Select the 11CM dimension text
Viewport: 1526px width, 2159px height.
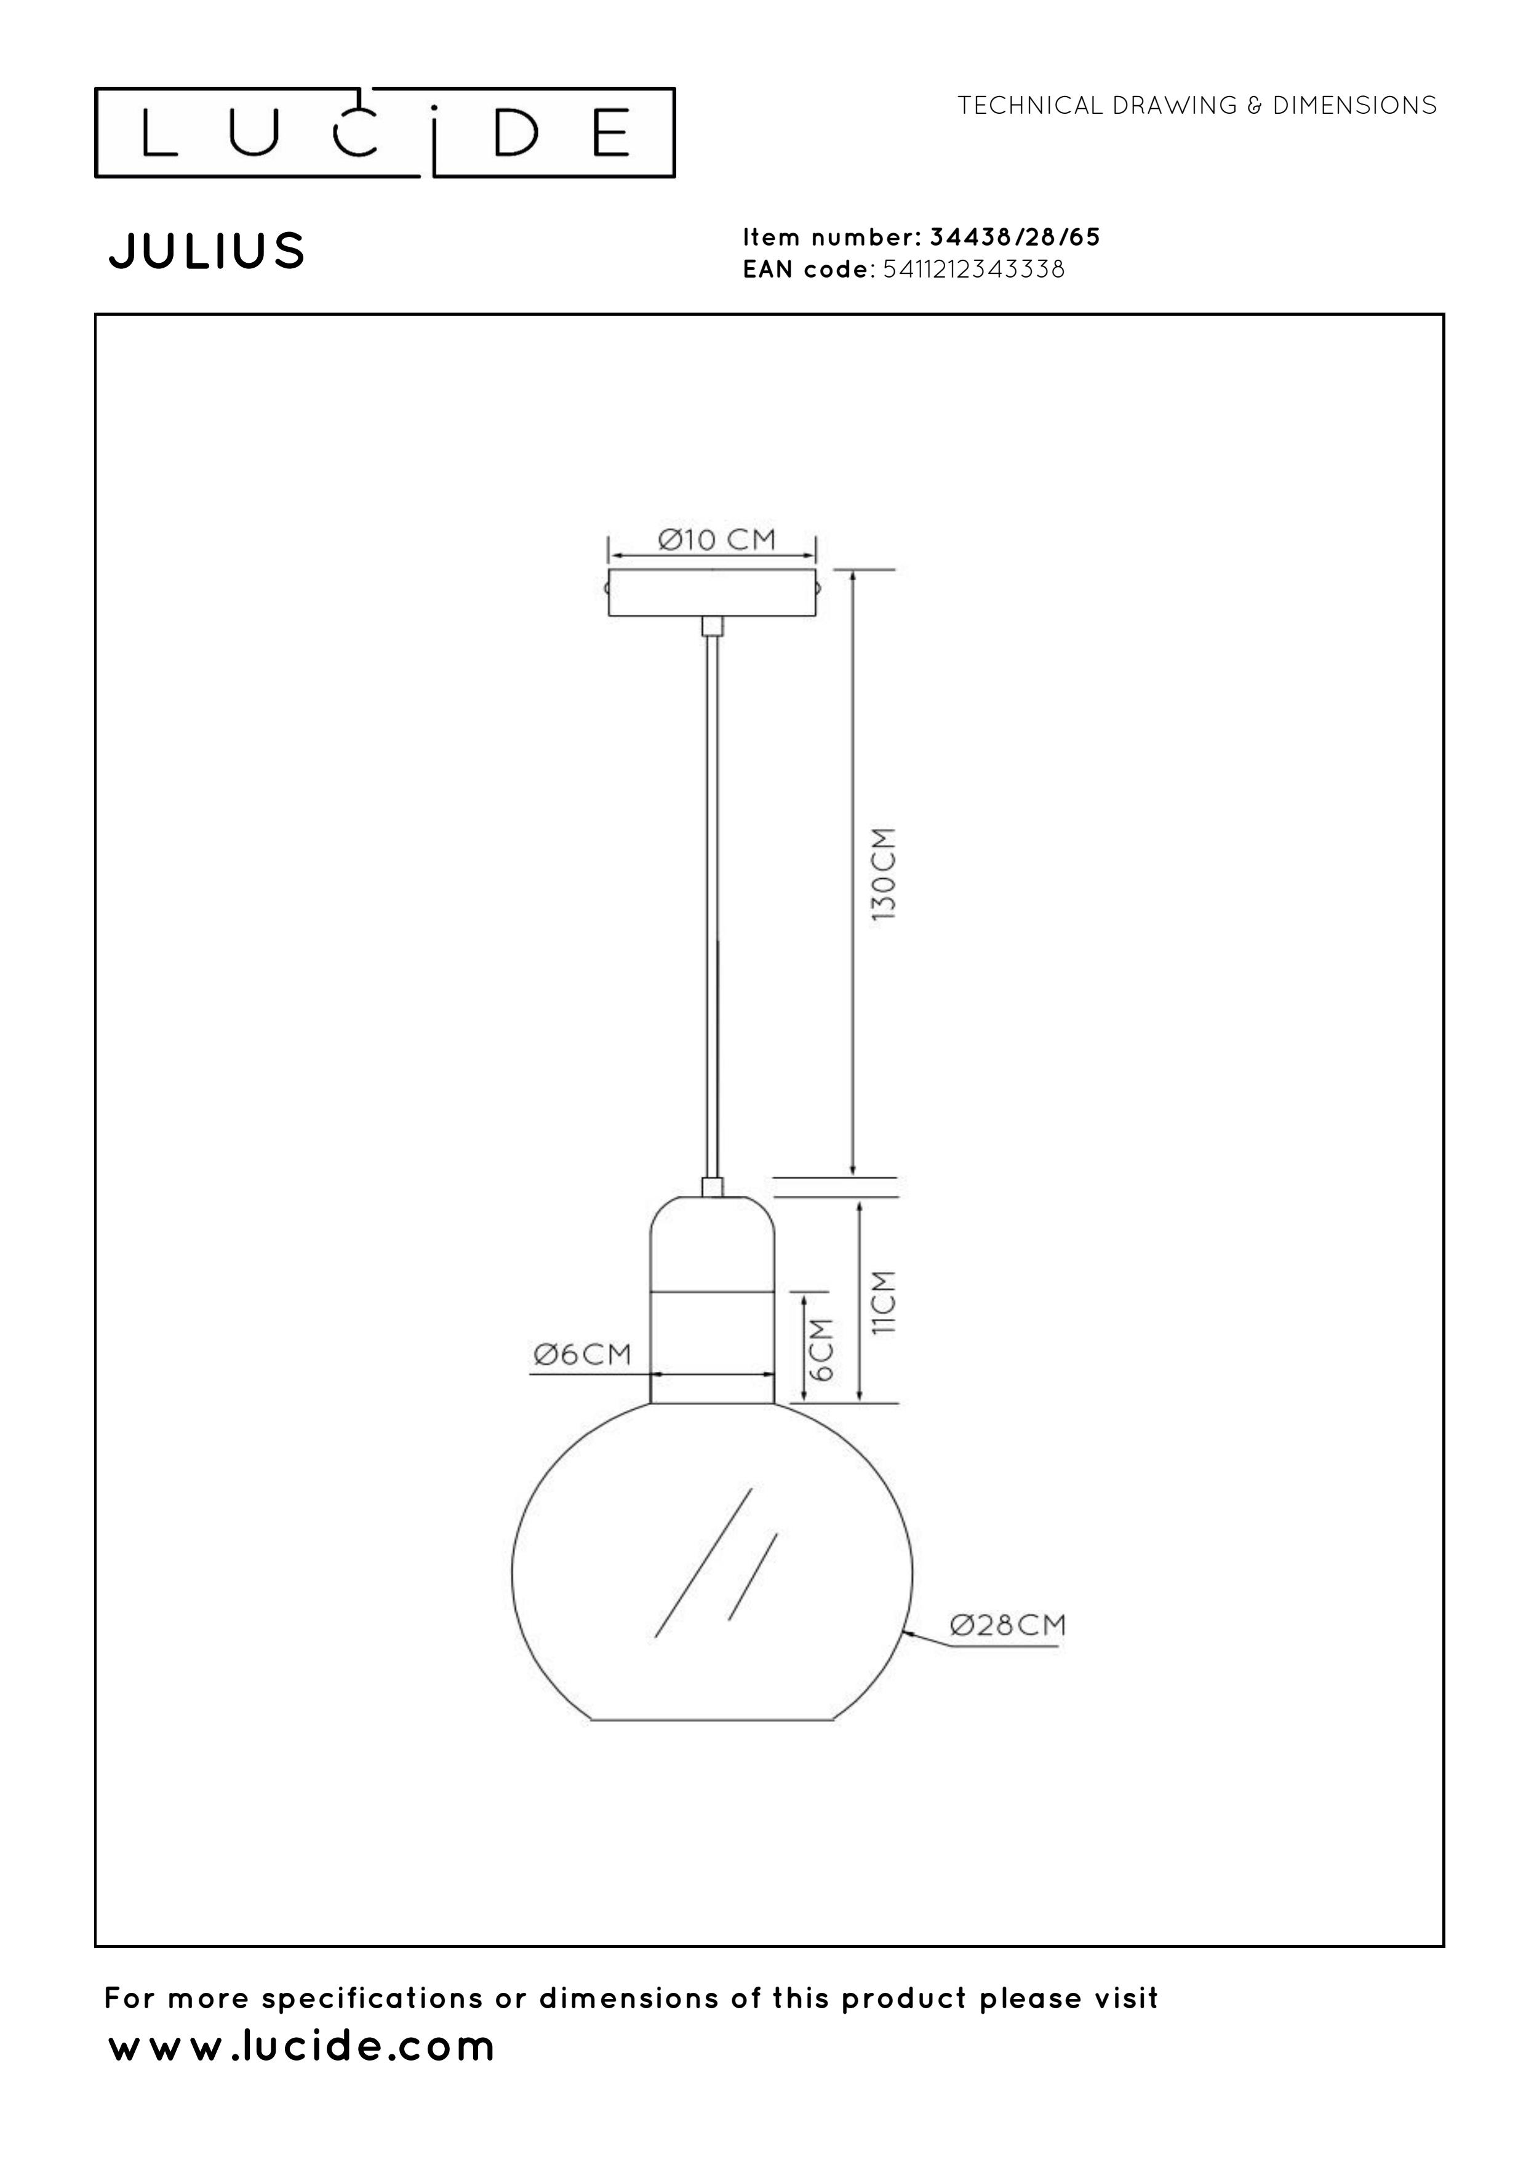pos(884,1302)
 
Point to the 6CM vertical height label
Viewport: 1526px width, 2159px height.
pos(821,1349)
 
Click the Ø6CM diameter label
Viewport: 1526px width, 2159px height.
pos(582,1354)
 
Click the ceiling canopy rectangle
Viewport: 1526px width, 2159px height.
pos(712,593)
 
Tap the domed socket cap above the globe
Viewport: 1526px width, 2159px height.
pos(713,1242)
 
